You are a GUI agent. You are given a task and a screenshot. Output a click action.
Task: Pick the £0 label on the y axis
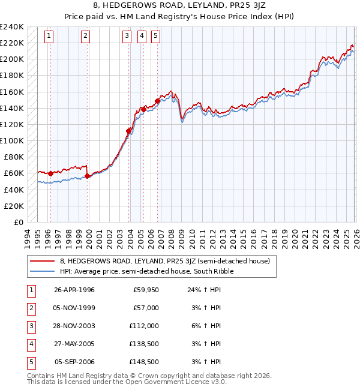pos(19,222)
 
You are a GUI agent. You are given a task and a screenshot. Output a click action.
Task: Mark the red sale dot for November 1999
pos(88,176)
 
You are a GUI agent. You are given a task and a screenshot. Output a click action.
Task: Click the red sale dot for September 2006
pos(157,101)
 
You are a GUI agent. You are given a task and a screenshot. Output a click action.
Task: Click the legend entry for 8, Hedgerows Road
pos(164,261)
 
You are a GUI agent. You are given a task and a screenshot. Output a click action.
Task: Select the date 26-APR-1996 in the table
pos(74,290)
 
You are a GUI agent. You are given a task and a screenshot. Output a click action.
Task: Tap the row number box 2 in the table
pos(31,308)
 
